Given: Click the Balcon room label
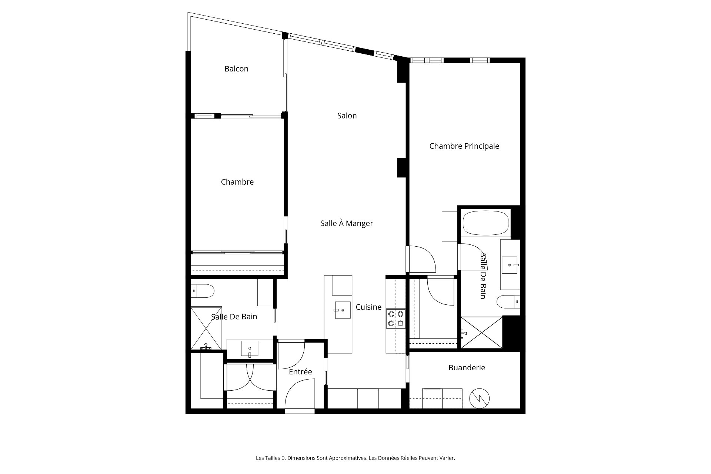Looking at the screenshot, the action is click(236, 69).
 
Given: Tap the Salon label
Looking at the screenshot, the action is click(347, 116).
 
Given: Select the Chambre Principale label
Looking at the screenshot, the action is click(464, 146).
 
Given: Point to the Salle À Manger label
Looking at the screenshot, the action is click(347, 223).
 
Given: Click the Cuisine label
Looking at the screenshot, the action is click(368, 307).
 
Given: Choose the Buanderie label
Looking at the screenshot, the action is click(467, 368).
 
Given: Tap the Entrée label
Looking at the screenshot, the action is click(300, 372).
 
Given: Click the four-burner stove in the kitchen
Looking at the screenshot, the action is click(395, 319).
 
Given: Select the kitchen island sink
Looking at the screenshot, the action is click(343, 310).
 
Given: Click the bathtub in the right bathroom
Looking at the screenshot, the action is click(485, 223).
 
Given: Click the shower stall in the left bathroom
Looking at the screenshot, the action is click(206, 328).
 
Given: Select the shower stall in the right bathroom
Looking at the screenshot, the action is click(482, 332).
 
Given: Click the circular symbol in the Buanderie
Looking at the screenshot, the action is click(480, 398).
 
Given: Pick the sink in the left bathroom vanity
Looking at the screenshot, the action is click(250, 349).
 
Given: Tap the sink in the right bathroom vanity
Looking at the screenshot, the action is click(510, 265).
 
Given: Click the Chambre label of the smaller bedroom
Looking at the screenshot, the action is click(237, 182).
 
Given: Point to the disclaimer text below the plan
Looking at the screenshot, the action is click(355, 458).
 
